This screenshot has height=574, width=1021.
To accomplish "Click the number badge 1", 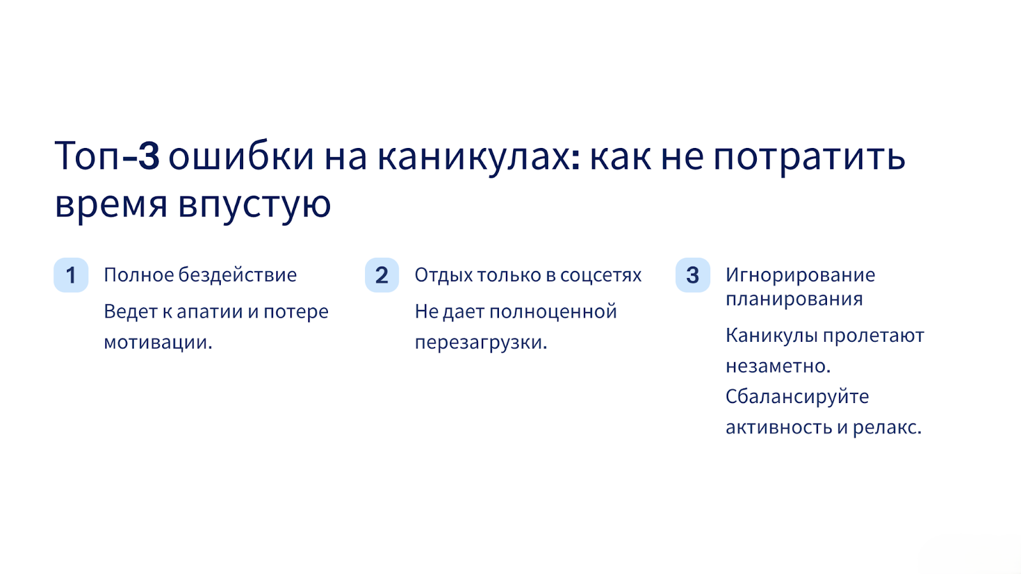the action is coord(71,275).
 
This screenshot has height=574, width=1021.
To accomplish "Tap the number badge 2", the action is coord(382,275).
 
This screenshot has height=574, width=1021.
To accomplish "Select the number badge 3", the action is coord(693,275).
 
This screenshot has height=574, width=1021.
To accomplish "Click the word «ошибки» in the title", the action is coord(241,156).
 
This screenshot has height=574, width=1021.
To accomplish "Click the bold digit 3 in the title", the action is coord(149,156).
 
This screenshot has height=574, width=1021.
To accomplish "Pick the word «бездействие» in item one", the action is coord(237,275).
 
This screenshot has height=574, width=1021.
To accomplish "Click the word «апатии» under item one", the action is coord(210,313).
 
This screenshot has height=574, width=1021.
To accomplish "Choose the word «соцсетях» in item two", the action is coord(600,276).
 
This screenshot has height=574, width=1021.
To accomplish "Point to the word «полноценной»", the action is coord(553,313).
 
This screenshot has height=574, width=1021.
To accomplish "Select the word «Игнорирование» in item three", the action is coord(800,275).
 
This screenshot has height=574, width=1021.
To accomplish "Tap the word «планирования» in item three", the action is coord(794,300).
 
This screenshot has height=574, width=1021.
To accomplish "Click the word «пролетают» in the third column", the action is coord(874,336).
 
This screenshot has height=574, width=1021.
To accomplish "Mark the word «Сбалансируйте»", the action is coord(797,397).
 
